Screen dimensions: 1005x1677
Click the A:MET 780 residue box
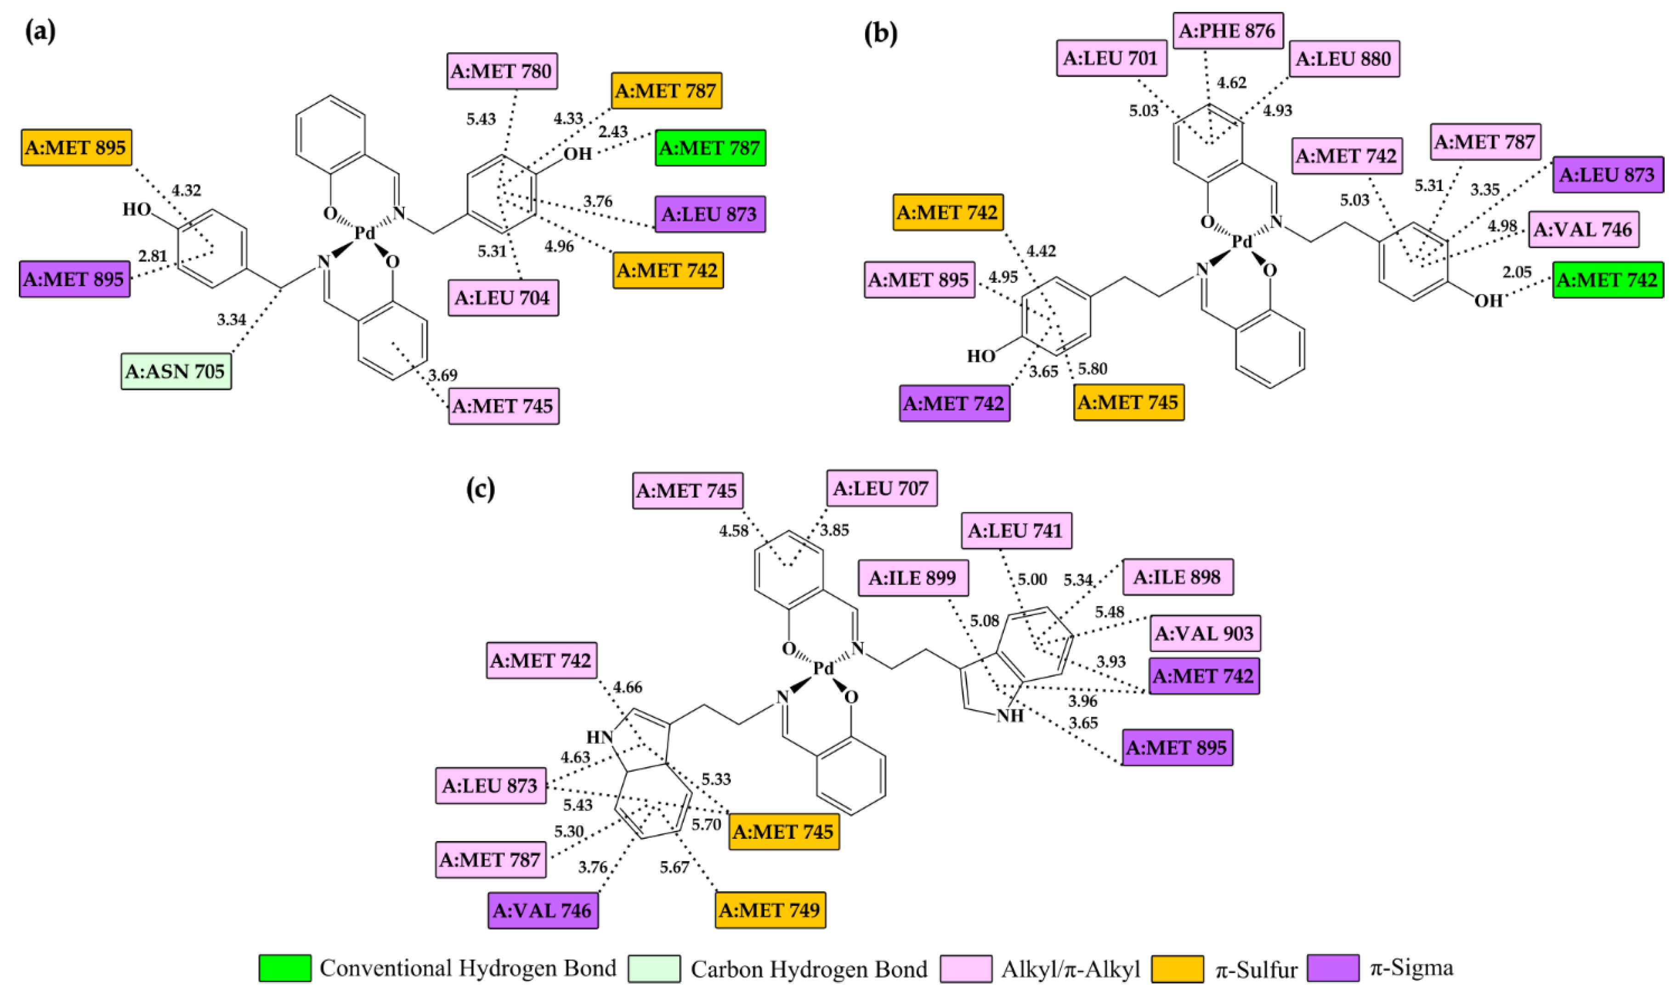502,71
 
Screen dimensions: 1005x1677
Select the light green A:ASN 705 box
176,371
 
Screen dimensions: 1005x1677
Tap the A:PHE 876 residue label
1227,30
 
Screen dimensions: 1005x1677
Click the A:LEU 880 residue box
1344,59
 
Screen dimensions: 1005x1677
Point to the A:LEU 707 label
881,488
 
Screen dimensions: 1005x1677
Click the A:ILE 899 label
912,578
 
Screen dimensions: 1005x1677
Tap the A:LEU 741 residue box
1016,530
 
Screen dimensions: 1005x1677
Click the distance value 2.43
613,131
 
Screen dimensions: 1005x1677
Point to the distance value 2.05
1517,272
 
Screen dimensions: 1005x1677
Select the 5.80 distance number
1093,368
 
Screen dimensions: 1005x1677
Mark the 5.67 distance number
674,868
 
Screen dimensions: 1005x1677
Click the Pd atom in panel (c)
823,668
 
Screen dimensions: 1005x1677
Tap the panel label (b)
880,33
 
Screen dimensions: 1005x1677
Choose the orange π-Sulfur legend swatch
1177,968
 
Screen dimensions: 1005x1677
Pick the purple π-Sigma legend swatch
1333,968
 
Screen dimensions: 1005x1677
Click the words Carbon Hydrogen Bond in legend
809,969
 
